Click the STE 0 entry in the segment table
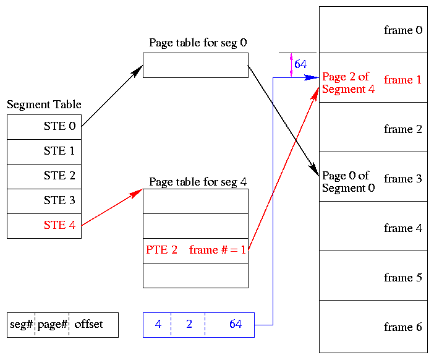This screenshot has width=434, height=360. click(x=59, y=126)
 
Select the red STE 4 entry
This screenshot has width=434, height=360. click(x=59, y=225)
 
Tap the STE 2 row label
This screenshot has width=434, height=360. click(x=59, y=176)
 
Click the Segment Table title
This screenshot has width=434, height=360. click(x=44, y=105)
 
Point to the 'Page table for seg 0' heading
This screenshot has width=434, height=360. click(x=198, y=43)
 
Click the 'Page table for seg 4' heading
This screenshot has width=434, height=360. click(x=198, y=182)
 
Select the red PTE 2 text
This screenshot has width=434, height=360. click(x=162, y=250)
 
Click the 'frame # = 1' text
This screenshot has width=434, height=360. click(x=218, y=250)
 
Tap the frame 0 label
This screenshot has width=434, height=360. click(x=402, y=30)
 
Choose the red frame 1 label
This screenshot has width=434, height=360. click(x=402, y=80)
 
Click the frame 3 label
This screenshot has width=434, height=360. click(x=402, y=179)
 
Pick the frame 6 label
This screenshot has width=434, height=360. click(x=402, y=327)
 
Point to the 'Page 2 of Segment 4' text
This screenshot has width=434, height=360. click(x=347, y=83)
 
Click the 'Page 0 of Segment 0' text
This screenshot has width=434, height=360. click(x=347, y=182)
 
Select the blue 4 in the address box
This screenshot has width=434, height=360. click(x=158, y=324)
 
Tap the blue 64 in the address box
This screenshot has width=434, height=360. click(x=236, y=324)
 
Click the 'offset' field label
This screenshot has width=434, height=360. click(x=88, y=324)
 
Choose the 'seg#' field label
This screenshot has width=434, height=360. click(x=21, y=324)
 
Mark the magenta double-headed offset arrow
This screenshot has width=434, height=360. click(x=291, y=65)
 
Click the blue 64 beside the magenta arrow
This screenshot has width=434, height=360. click(x=300, y=64)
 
